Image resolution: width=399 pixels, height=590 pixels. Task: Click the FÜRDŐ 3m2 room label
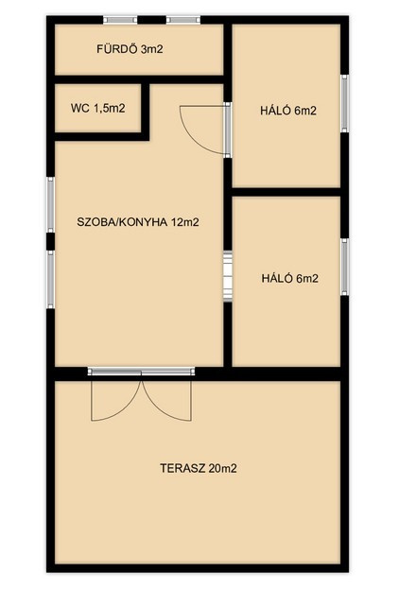[130, 49]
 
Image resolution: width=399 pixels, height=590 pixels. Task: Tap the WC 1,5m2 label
[98, 109]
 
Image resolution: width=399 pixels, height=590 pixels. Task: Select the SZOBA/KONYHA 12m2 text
[138, 222]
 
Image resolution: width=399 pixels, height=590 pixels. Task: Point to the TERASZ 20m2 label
[199, 468]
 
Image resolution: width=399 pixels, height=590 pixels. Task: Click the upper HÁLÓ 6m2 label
[288, 111]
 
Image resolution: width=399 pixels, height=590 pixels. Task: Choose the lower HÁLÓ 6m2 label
[290, 278]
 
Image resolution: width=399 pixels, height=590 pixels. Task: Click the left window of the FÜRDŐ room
[120, 20]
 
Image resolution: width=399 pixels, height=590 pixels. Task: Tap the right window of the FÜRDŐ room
[183, 20]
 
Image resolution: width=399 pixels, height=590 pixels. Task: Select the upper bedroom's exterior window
[344, 103]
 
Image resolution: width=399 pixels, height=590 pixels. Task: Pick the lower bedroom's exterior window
[344, 267]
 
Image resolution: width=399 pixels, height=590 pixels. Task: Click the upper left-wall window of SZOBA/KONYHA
[50, 204]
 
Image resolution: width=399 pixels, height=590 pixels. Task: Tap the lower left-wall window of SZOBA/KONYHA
[50, 280]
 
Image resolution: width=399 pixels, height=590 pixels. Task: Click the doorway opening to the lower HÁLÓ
[228, 276]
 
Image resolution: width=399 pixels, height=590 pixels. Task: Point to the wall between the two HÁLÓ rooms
[286, 192]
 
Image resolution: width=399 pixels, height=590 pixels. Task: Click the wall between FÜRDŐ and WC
[139, 79]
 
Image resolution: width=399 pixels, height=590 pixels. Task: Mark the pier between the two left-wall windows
[50, 241]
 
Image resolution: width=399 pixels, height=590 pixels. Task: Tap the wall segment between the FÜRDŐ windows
[151, 20]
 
